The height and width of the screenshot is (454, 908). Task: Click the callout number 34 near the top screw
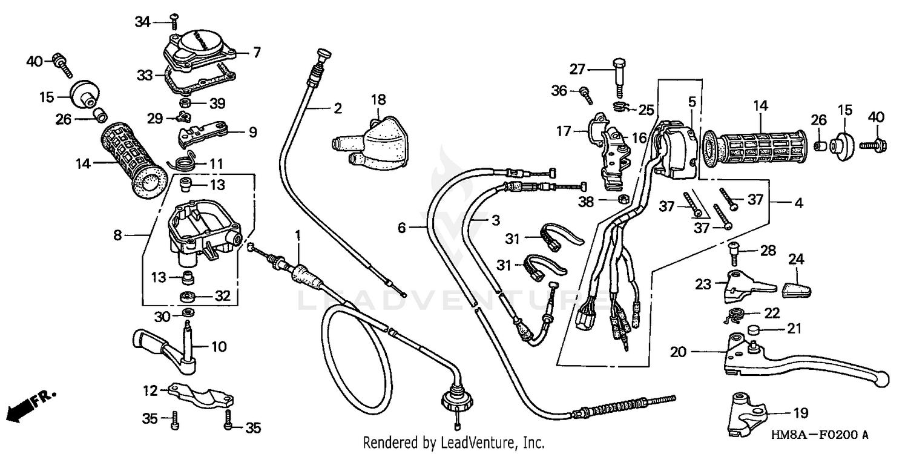tap(142, 22)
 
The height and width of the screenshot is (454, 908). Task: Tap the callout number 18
tap(378, 98)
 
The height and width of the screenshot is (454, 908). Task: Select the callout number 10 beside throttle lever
tap(219, 347)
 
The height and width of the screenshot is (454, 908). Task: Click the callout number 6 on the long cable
tap(401, 228)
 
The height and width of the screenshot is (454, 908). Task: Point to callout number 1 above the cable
tap(298, 234)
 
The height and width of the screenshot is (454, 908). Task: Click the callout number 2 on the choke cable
tap(337, 109)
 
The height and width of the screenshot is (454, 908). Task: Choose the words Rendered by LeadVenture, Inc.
tap(453, 442)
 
